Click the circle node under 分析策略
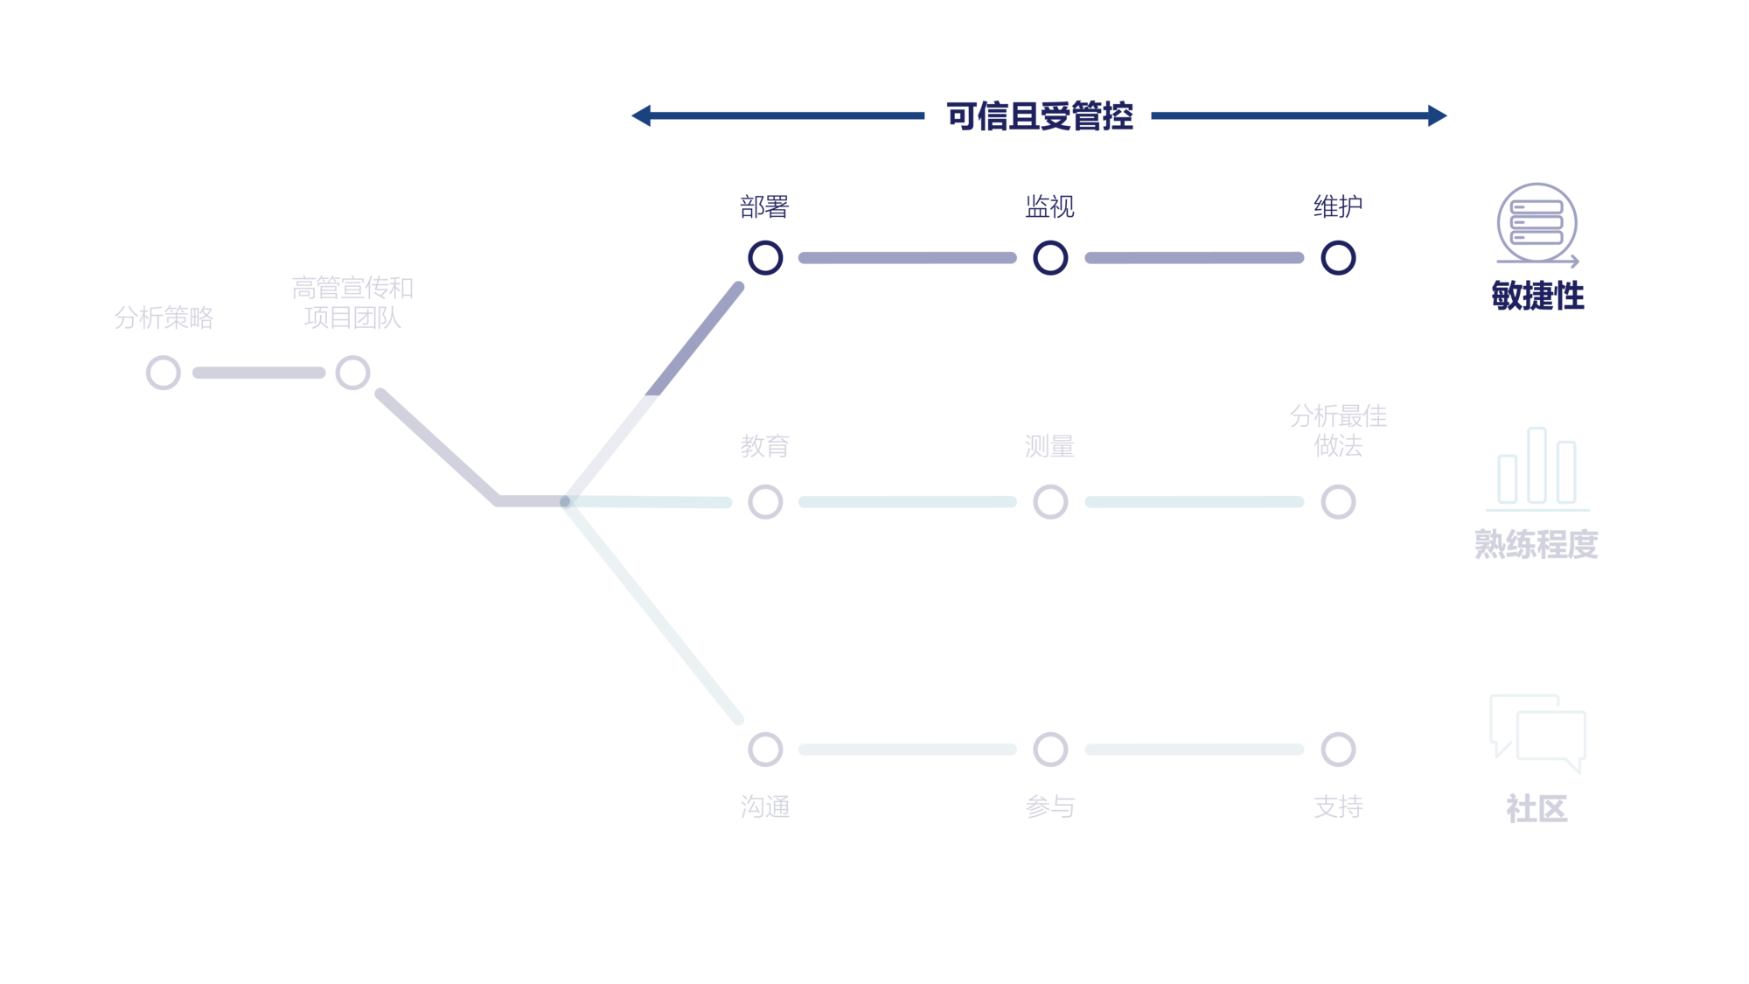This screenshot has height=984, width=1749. [164, 373]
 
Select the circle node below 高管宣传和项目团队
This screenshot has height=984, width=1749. [352, 373]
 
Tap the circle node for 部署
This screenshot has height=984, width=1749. [765, 258]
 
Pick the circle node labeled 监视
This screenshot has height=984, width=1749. [1050, 258]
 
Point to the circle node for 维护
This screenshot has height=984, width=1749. [1338, 258]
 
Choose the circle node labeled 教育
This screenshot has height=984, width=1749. [765, 502]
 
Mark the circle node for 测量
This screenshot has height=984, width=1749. [1050, 502]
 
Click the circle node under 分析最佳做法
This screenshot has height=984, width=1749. [1338, 502]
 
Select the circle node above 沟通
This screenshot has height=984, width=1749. [765, 750]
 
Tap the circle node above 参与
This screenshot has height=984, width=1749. [1050, 750]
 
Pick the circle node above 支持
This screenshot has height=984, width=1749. [1338, 750]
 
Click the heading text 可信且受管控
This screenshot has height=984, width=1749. [1039, 116]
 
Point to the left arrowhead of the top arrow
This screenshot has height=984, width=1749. [641, 115]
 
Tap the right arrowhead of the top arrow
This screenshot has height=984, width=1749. [1438, 115]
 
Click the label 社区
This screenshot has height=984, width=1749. [1536, 809]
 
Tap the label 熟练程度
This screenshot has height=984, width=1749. [1536, 544]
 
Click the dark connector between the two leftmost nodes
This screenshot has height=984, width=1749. [258, 373]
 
